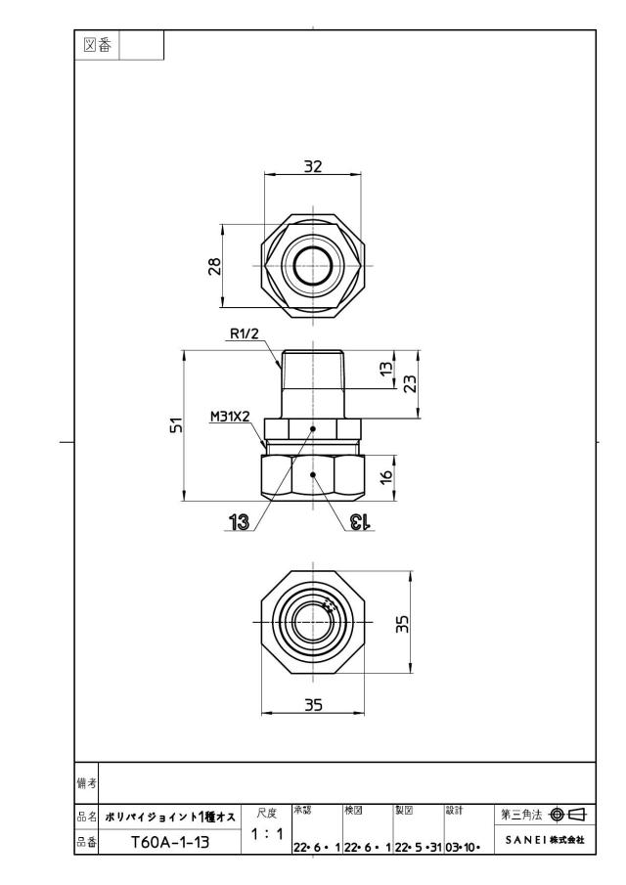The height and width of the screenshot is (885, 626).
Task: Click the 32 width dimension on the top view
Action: pos(313,166)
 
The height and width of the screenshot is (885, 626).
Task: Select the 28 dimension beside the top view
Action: pos(215,266)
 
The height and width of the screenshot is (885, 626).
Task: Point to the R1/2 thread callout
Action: pos(245,333)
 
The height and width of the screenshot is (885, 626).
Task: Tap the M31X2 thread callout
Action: pos(230,417)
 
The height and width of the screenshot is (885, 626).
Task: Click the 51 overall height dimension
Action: pos(177,424)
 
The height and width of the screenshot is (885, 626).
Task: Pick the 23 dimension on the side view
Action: pos(411,383)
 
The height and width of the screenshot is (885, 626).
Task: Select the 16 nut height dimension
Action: pos(386,476)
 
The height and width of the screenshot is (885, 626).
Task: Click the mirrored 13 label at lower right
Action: pos(359,522)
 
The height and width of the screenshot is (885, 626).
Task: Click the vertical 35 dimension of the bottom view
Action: pos(402,624)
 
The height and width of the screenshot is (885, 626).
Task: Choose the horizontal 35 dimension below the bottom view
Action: pos(313,705)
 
